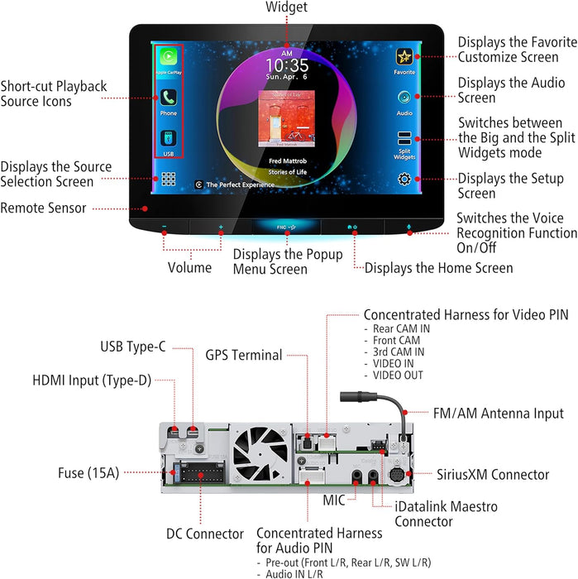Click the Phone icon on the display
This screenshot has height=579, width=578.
(169, 97)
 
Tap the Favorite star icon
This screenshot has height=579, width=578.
(404, 56)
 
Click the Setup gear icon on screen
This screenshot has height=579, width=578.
(404, 179)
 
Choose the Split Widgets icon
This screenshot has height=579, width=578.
(404, 138)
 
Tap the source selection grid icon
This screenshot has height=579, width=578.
(169, 179)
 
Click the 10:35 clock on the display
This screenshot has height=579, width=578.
(287, 65)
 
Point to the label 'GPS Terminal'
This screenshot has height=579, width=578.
(244, 355)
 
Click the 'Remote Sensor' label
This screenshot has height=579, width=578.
(43, 208)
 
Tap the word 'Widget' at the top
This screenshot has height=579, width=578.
(286, 7)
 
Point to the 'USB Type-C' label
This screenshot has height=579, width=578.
(133, 347)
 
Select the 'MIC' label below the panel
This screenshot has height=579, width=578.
(333, 501)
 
